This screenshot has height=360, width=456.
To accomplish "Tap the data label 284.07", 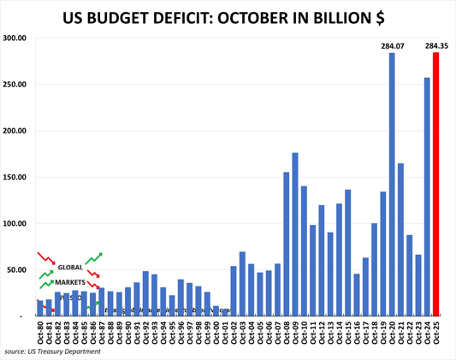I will pyautogui.click(x=391, y=44).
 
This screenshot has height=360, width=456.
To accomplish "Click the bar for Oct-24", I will pyautogui.click(x=428, y=197).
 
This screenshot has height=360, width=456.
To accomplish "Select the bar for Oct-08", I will pyautogui.click(x=286, y=244).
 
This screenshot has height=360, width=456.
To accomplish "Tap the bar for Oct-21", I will pyautogui.click(x=400, y=239).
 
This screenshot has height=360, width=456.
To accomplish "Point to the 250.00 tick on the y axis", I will pyautogui.click(x=16, y=85).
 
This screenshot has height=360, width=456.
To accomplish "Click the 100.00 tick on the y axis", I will pyautogui.click(x=16, y=224).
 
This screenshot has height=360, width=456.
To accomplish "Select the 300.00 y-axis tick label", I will pyautogui.click(x=16, y=38).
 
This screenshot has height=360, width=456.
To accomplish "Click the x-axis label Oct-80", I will pyautogui.click(x=39, y=331).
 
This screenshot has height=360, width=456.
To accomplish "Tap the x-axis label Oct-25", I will pyautogui.click(x=436, y=331).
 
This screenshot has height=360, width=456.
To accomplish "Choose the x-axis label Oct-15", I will pyautogui.click(x=348, y=331).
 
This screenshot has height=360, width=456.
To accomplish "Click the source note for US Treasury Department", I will pyautogui.click(x=53, y=351).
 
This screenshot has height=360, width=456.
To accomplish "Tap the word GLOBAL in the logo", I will pyautogui.click(x=69, y=268).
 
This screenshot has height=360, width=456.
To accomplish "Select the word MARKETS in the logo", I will pyautogui.click(x=71, y=281).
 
